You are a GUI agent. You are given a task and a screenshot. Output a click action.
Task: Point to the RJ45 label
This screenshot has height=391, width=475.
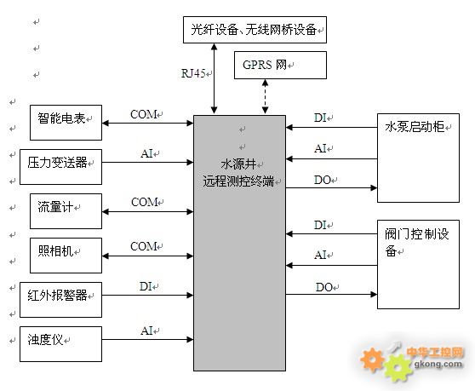[193, 73]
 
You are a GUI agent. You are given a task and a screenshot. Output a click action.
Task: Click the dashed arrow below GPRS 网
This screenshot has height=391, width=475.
[265, 97]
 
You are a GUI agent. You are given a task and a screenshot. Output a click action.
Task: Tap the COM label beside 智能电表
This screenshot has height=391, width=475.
[143, 114]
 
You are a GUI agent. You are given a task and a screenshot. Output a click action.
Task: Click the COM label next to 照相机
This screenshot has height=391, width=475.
[143, 246]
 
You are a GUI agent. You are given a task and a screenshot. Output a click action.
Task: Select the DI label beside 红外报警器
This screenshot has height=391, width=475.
[146, 286]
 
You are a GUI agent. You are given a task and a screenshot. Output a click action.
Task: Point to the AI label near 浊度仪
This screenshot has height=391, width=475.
[146, 331]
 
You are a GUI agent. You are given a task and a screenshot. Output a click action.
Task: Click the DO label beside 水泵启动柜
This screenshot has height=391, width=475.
[323, 180]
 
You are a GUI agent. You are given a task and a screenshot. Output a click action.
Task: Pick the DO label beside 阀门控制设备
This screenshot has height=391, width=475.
[324, 287]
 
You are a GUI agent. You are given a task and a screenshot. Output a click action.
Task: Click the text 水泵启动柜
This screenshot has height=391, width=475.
[415, 127]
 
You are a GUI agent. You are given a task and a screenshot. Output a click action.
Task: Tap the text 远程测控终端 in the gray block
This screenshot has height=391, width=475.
[238, 181]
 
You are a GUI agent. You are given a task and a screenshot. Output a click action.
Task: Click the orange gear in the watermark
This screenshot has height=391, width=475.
[372, 359]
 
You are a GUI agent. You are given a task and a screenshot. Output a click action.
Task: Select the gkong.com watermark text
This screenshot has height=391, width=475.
[438, 364]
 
